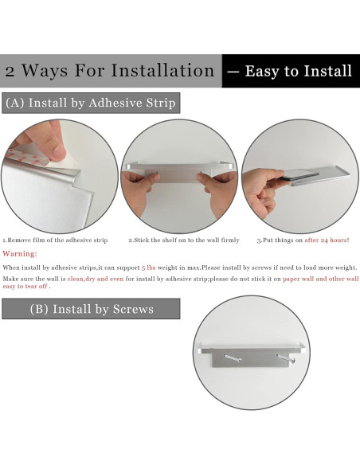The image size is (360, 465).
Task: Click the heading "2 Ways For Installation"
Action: click(109, 71)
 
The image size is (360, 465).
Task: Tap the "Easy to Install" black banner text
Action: click(299, 71)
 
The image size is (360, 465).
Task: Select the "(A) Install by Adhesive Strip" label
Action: click(91, 103)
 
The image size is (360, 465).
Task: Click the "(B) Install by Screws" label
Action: click(92, 309)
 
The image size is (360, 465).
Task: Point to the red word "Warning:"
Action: click(20, 254)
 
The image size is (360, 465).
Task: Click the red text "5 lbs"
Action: click(149, 268)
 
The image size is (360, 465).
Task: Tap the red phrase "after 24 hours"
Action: click(326, 240)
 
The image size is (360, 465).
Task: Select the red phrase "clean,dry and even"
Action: click(96, 279)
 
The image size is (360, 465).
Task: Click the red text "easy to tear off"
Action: click(25, 287)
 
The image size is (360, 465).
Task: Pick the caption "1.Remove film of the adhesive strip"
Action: click(55, 240)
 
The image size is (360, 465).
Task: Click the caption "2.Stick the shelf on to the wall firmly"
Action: click(184, 240)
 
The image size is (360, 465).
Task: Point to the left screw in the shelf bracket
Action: click(233, 358)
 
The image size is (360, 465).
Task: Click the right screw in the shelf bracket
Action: click(286, 359)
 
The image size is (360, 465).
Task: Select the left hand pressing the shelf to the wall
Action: click(139, 190)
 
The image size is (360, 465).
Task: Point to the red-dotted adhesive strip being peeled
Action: click(28, 157)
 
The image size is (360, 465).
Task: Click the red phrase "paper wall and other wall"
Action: click(320, 279)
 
